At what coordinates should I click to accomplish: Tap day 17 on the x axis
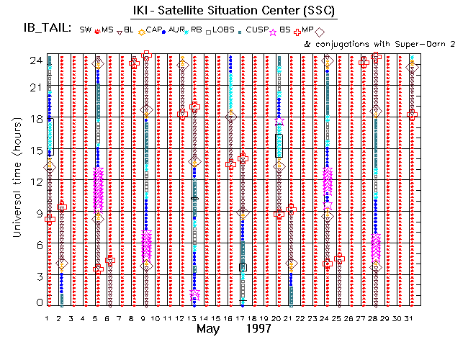243,318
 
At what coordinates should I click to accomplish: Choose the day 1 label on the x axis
48,318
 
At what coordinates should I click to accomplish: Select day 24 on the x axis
327,318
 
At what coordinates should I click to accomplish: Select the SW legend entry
86,30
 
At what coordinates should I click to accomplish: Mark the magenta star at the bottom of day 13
194,294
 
